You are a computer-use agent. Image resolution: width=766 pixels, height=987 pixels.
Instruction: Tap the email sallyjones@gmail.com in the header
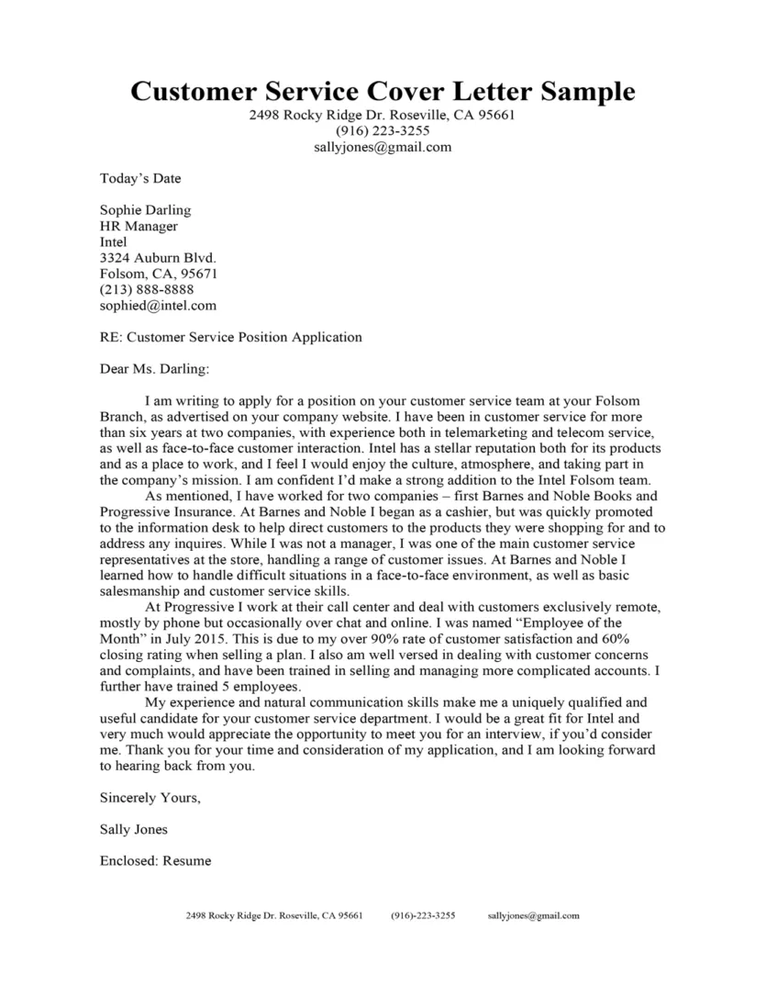tap(383, 146)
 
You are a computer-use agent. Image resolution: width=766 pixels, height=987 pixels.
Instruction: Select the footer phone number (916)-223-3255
tap(423, 915)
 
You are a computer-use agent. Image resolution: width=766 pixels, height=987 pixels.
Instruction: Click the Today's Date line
tap(140, 178)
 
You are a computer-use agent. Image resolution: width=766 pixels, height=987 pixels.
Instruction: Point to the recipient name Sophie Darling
tap(145, 210)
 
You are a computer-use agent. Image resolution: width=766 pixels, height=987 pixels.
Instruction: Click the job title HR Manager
tap(139, 226)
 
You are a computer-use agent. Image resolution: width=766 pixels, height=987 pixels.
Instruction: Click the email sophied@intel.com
tap(158, 306)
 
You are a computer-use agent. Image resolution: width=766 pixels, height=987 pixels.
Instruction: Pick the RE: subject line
tap(230, 337)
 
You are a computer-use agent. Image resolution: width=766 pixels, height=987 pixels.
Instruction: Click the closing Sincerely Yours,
tap(150, 798)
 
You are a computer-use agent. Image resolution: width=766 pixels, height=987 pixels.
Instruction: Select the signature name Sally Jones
tap(133, 829)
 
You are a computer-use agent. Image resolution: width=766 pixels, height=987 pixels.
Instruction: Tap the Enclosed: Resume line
tap(155, 860)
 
